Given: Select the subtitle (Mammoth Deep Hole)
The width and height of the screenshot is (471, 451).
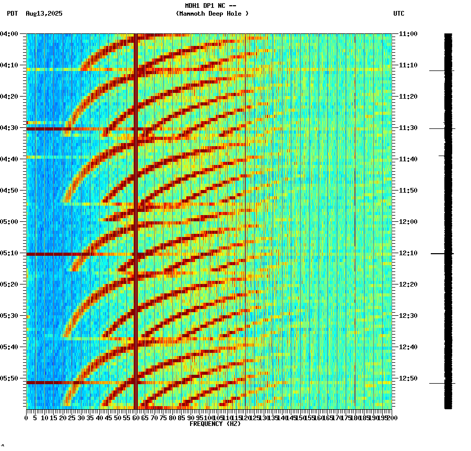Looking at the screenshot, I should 212,14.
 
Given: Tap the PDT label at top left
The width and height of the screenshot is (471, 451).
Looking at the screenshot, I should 12,14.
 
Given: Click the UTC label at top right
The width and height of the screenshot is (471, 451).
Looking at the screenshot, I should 398,14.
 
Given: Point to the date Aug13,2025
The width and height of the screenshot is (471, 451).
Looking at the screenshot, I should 44,14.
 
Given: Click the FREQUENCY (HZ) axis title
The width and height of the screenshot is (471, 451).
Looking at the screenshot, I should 215,424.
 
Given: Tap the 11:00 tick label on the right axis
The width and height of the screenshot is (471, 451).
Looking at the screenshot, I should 408,34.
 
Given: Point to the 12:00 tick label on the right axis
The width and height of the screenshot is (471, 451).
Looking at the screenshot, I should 408,222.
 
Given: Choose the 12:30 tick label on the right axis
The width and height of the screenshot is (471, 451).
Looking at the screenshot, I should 408,316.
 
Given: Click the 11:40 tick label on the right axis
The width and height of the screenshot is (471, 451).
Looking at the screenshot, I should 408,159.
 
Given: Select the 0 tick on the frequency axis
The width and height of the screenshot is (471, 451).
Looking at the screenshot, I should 27,418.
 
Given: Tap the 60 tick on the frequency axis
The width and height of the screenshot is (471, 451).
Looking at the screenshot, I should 136,418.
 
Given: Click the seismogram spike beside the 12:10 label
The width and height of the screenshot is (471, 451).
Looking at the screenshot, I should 441,254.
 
